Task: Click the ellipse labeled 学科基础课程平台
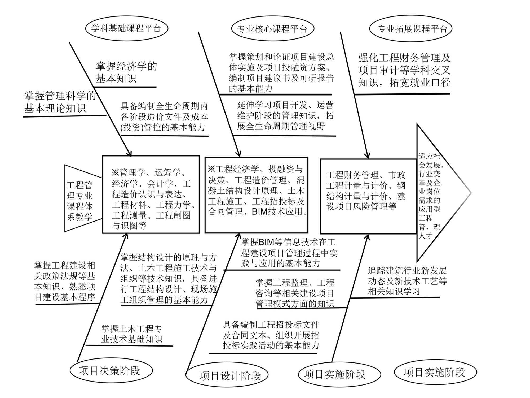click(x=126, y=28)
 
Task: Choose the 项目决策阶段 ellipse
click(x=111, y=370)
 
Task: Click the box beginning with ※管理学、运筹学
click(x=151, y=194)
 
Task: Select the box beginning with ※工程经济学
click(x=256, y=195)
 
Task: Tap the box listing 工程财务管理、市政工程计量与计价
click(x=368, y=196)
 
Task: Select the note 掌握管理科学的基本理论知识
click(x=60, y=102)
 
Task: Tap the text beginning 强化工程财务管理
click(x=404, y=70)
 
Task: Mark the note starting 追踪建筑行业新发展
click(x=407, y=281)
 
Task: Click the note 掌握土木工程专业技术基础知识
click(x=132, y=334)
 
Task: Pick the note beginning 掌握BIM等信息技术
click(x=289, y=253)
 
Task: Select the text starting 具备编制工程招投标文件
click(x=271, y=335)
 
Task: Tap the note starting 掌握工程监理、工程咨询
click(x=295, y=293)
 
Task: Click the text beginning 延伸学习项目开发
click(x=285, y=116)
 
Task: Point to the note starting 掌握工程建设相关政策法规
click(x=65, y=281)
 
